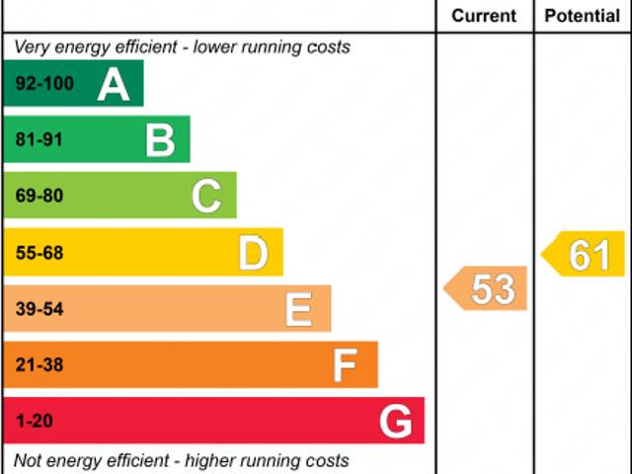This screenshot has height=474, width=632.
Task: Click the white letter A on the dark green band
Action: [114, 85]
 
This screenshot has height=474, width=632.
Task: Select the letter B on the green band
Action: [160, 140]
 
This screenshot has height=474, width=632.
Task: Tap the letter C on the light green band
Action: [206, 197]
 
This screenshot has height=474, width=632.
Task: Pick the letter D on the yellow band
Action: [253, 254]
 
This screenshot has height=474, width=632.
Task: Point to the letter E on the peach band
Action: [298, 310]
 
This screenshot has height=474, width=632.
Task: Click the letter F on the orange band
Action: [345, 366]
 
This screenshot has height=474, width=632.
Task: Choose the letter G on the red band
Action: [396, 423]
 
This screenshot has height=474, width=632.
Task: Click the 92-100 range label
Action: [44, 84]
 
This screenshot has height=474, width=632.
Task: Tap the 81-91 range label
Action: [39, 140]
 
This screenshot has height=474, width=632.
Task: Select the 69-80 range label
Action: [39, 197]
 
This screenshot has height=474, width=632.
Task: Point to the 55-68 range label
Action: [39, 254]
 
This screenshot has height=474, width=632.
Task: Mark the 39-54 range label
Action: [39, 310]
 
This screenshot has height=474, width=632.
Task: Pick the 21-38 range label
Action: [39, 365]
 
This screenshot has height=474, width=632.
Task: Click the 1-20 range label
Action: [34, 422]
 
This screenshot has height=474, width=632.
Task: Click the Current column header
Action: [484, 16]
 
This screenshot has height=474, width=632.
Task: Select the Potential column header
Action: [583, 16]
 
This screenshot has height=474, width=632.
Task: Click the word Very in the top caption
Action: [32, 46]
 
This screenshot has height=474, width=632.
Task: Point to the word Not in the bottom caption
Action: [29, 460]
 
